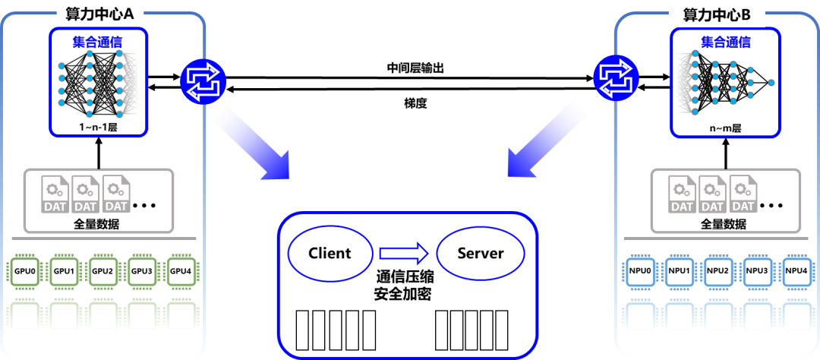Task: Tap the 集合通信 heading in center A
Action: pos(97,42)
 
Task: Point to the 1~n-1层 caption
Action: pos(99,127)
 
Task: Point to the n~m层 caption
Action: pos(725,128)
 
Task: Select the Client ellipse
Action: pos(330,253)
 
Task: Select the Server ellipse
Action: pos(480,253)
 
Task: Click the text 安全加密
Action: pos(405,294)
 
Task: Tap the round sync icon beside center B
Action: pos(615,77)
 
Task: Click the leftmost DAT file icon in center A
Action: pos(55,195)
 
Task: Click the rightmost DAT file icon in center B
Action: pos(742,196)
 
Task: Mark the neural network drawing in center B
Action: pos(725,86)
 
